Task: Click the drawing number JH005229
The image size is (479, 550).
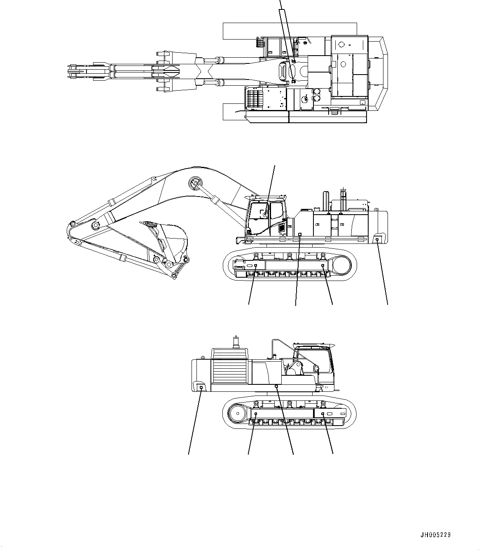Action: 435,535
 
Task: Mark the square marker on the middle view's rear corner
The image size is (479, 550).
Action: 377,239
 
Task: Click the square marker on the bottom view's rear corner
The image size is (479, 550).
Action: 201,387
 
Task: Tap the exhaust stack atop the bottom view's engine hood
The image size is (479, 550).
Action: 236,342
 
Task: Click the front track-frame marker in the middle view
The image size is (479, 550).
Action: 256,267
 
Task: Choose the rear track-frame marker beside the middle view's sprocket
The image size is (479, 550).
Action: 323,267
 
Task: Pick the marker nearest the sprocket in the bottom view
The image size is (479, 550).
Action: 256,413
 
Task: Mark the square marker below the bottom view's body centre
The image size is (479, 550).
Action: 276,386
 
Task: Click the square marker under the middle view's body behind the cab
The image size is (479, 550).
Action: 299,234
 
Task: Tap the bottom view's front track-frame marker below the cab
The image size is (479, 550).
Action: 323,413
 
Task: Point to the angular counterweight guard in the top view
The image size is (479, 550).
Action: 381,74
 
